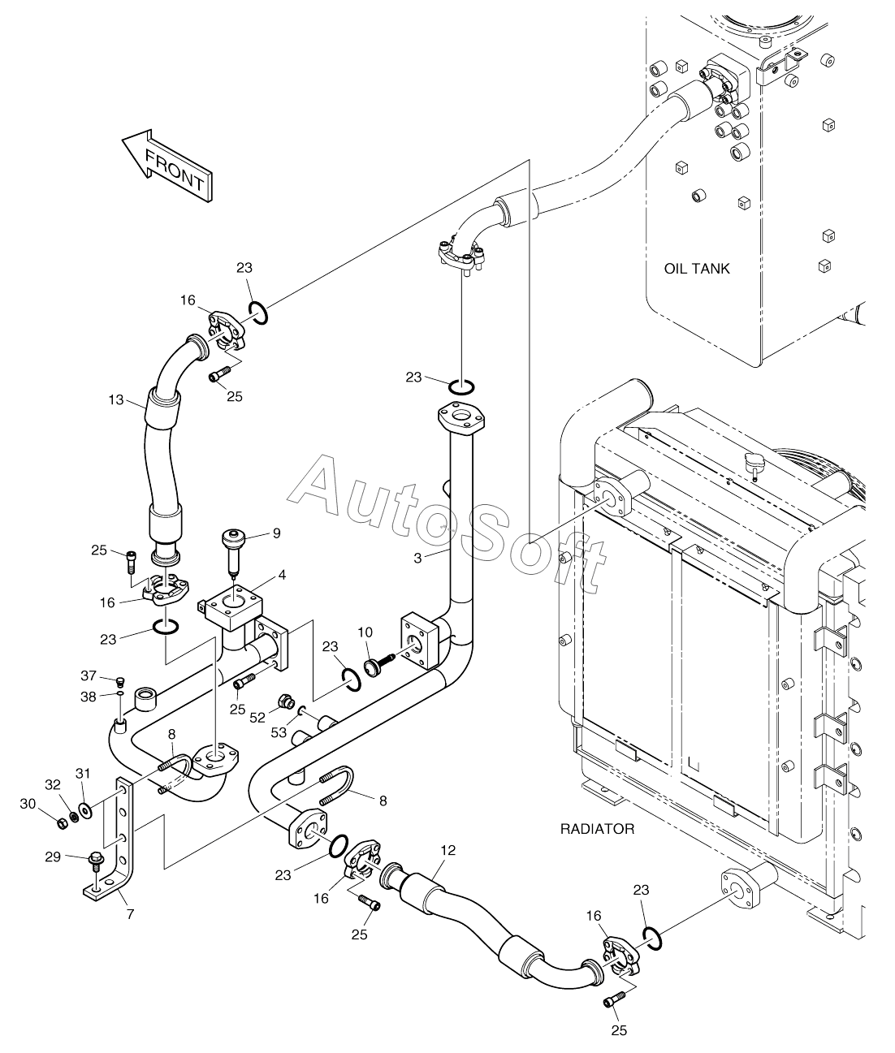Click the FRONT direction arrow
(x=166, y=165)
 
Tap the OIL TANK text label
(x=697, y=269)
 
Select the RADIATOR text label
(x=598, y=829)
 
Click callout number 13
(x=116, y=400)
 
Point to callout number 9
(x=277, y=533)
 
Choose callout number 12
(x=448, y=850)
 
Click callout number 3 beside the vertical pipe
(x=417, y=559)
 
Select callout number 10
(x=365, y=632)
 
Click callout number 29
(x=53, y=857)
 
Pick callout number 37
(x=89, y=675)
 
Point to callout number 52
(x=257, y=718)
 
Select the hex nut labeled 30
(x=62, y=823)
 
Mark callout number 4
(x=282, y=575)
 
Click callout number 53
(x=279, y=732)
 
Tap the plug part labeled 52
(x=286, y=702)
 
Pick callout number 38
(x=89, y=697)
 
